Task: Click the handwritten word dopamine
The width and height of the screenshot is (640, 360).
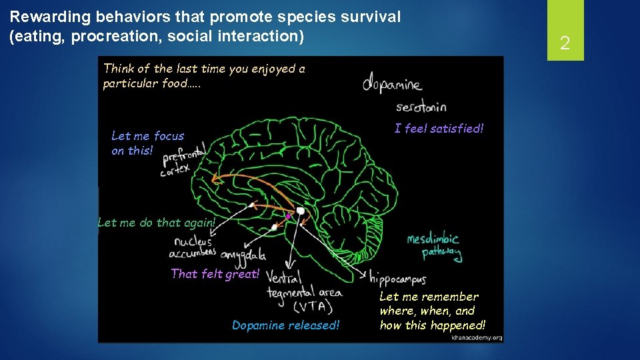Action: coord(392,85)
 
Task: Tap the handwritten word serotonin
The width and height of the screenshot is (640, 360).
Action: coord(421,107)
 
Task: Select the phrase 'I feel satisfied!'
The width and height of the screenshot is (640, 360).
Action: coord(439,129)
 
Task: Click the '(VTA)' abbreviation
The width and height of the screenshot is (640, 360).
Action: coord(309,306)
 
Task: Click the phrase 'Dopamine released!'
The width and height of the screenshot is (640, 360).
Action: coord(285,325)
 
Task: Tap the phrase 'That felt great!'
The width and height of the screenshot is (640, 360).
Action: coord(215,273)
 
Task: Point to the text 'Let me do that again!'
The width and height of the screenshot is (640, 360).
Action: coord(157,223)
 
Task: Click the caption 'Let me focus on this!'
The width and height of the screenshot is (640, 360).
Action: coord(147,143)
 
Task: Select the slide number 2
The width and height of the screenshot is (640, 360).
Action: coord(565,44)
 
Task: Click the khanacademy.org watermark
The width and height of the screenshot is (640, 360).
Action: coord(475,337)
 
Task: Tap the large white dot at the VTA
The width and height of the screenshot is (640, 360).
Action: coord(301,211)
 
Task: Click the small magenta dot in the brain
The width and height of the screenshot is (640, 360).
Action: coord(289,217)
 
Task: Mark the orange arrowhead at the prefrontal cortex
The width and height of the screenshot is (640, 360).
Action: coord(214,178)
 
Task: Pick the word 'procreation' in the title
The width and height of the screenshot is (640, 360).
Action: coord(111,36)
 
